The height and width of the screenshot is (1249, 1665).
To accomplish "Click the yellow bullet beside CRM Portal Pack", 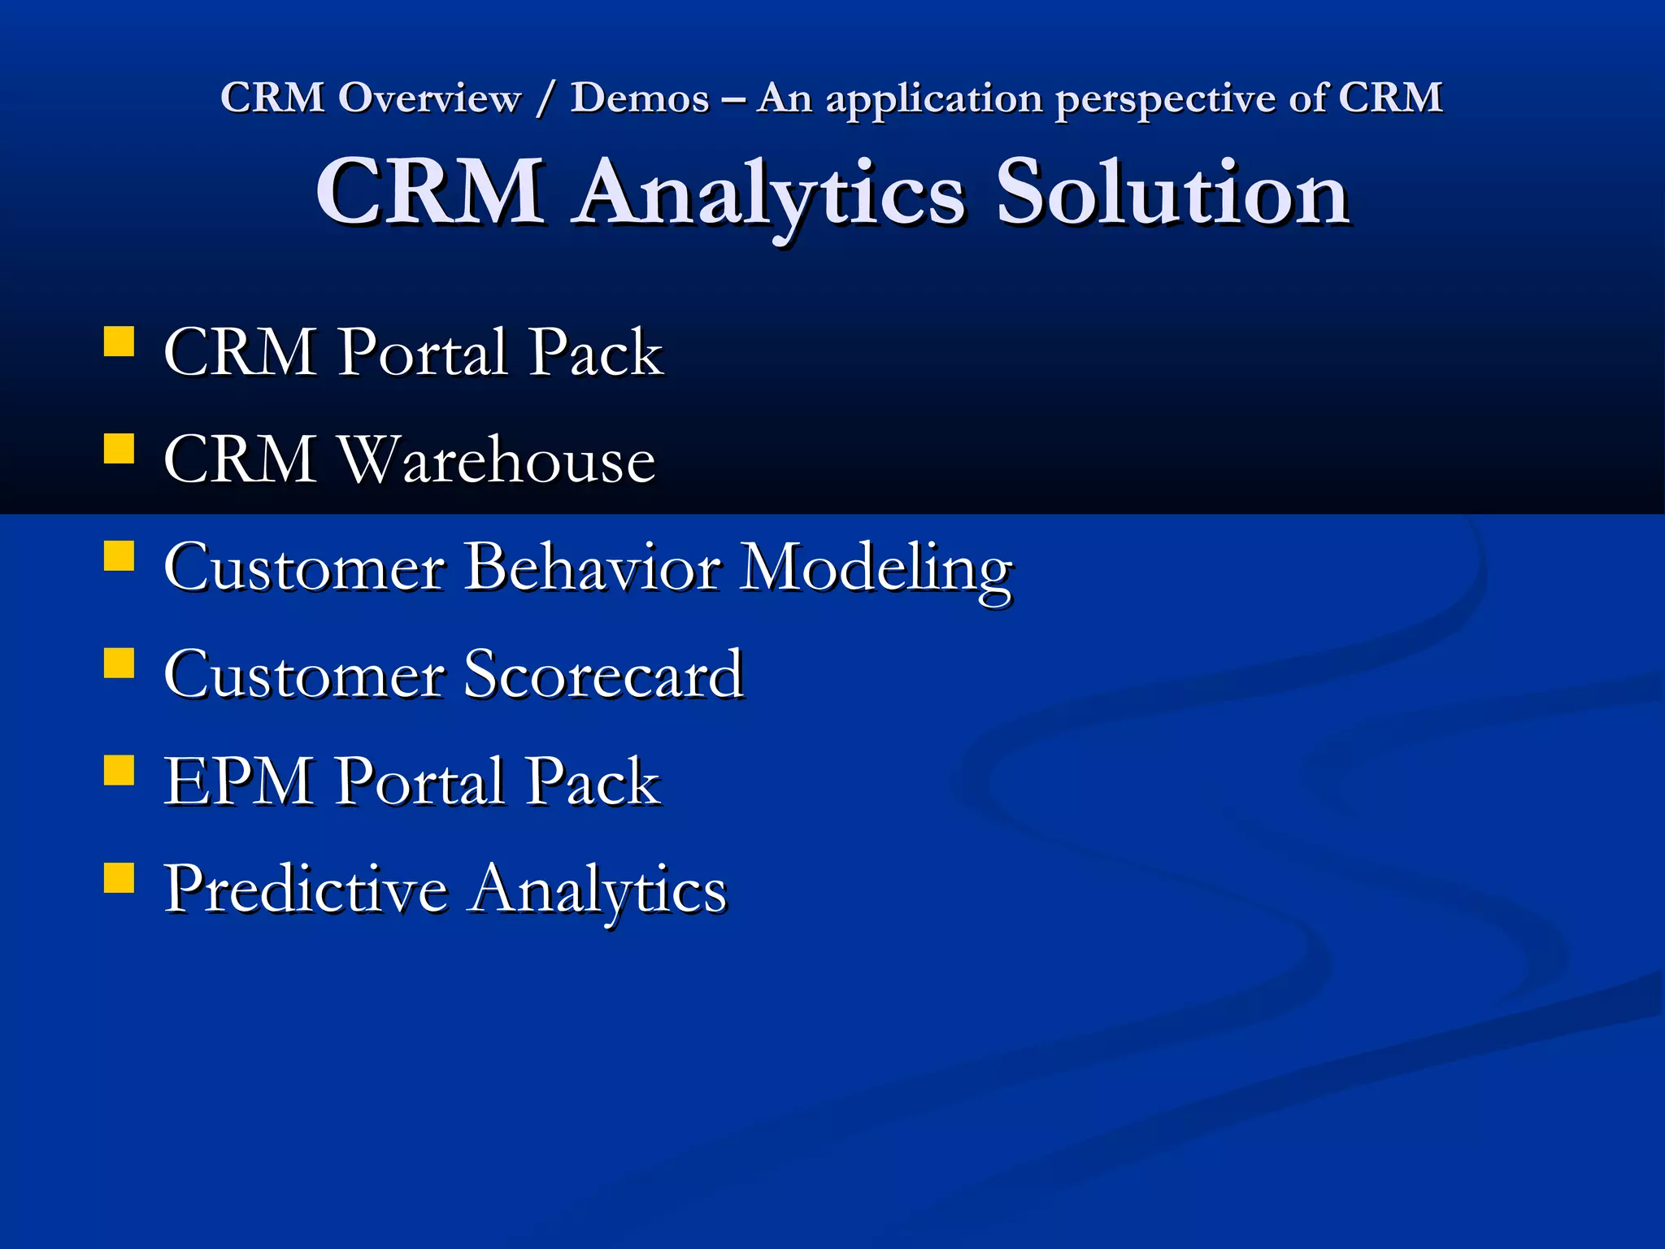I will click(x=119, y=342).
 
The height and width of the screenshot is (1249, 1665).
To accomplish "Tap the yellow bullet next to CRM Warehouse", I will click(x=119, y=449).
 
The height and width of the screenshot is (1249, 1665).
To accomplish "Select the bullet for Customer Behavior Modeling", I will click(x=119, y=556).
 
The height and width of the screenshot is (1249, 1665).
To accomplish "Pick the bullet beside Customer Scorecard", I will click(x=119, y=663).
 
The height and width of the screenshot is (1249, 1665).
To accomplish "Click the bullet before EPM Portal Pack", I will click(x=119, y=770).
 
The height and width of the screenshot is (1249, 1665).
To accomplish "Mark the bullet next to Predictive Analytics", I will click(x=119, y=878).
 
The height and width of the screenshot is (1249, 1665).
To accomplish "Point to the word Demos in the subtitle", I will click(x=640, y=98).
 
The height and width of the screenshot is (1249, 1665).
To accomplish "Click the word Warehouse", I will click(x=496, y=459).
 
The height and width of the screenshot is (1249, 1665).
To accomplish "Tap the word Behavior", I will click(x=592, y=567).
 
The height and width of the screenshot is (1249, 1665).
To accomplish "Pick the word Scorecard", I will click(x=602, y=674).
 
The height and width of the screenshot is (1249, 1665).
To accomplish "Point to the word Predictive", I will click(x=306, y=889).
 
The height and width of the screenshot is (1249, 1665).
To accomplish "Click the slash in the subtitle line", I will click(x=545, y=99).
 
